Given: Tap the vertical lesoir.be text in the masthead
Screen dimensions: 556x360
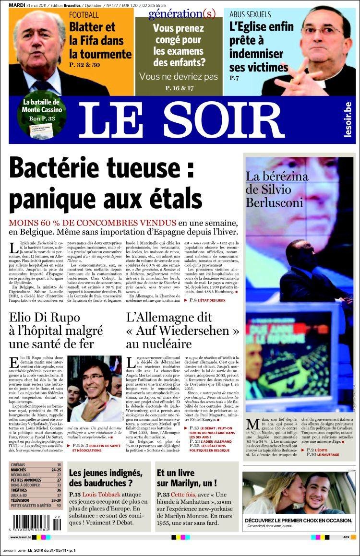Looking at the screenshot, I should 348,120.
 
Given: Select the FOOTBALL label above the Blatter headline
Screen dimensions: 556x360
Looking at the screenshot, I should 84,15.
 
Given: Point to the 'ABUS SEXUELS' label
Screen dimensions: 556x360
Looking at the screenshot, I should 250,14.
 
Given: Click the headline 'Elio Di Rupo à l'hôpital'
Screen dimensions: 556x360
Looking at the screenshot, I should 57,331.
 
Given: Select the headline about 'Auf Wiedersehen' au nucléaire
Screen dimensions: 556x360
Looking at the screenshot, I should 182,331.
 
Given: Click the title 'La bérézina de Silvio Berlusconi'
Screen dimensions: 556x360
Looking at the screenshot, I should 277,189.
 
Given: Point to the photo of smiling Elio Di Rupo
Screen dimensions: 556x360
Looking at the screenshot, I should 95,389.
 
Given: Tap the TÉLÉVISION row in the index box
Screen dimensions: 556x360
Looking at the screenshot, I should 36,500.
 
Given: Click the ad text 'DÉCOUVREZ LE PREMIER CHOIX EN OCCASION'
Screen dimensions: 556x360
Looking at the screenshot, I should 299,520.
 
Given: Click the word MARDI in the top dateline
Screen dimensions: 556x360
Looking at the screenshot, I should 17,5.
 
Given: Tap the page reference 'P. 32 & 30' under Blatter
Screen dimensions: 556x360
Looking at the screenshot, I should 84,64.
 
